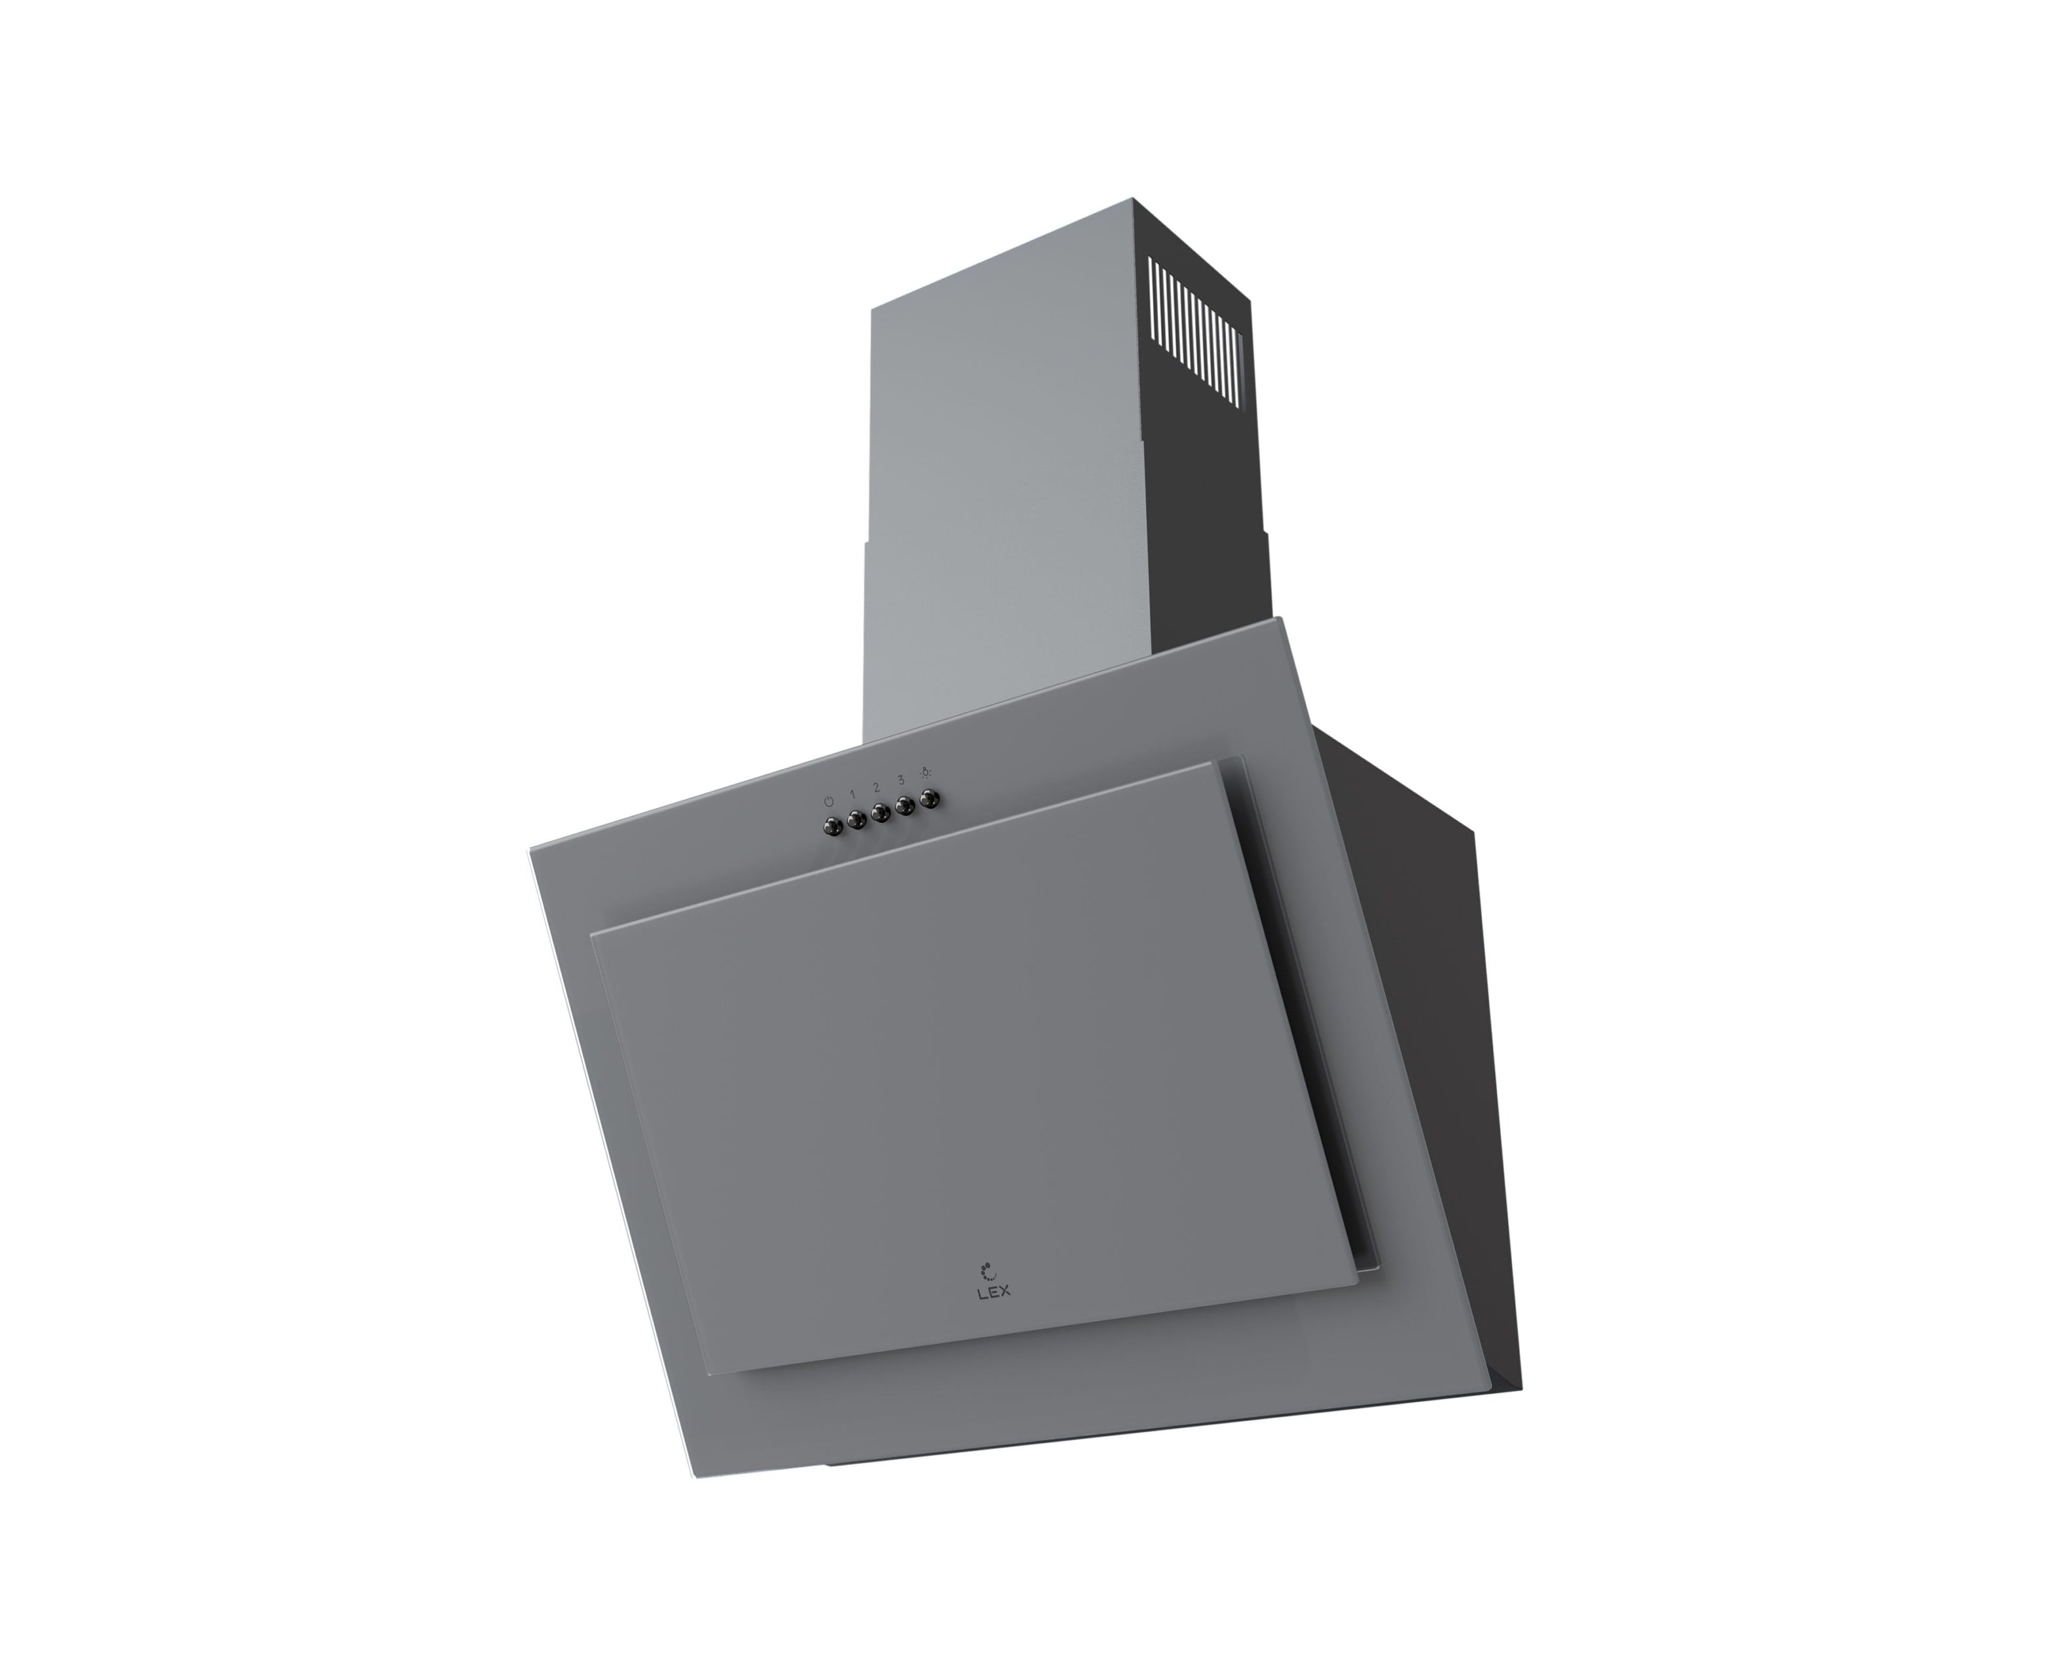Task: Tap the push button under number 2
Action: (879, 813)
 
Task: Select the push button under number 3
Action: (905, 805)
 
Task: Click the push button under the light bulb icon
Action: (929, 799)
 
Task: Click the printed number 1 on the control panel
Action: (853, 793)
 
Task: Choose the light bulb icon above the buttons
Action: (925, 771)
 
